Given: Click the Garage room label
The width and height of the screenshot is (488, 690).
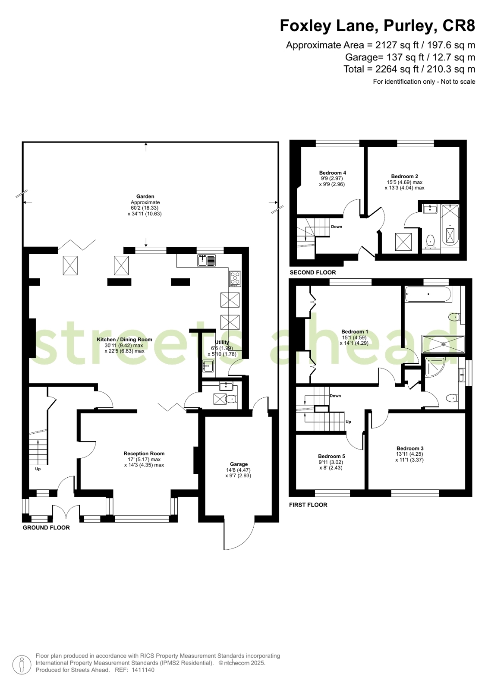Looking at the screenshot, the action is coord(239,464).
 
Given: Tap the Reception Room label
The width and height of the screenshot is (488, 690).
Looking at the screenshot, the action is coord(144,454).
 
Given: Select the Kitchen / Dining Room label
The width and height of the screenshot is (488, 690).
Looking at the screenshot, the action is coord(124,340).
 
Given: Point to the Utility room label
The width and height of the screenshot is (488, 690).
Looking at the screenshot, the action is coord(222,342).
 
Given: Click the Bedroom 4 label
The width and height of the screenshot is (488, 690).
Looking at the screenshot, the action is coord(332,173).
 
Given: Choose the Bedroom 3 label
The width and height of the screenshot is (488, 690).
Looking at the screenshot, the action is coord(410,448).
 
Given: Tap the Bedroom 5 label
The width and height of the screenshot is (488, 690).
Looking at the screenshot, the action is coord(331,456).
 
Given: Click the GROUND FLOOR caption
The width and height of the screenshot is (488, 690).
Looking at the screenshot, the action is coord(46,528).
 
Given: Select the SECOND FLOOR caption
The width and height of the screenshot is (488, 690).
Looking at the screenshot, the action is coord(313,272).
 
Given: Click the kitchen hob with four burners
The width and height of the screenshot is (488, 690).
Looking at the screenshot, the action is coord(235,279).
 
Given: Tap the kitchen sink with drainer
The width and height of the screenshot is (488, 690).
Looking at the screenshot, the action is coord(206,261).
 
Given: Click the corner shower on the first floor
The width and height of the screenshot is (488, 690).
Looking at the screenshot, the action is coord(434,367).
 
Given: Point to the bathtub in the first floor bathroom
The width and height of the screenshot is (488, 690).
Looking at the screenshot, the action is coord(428,294).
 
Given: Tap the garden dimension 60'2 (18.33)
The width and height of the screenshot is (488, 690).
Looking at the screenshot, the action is coord(145,208).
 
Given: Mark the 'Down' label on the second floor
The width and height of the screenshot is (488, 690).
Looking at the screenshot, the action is coord(337,227).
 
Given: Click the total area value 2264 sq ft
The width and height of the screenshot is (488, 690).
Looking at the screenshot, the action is coord(397,69).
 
